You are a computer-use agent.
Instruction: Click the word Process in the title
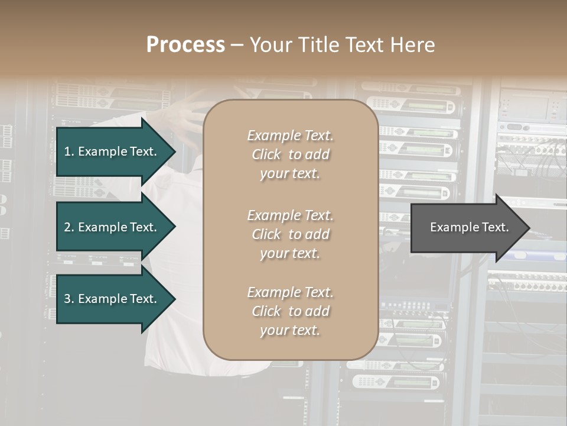point(185,45)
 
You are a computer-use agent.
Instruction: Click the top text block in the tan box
point(290,154)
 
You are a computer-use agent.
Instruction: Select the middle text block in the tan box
point(290,234)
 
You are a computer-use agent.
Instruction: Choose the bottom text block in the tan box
point(290,311)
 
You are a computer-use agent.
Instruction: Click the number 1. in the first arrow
point(69,151)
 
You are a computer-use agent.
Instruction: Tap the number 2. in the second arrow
point(69,227)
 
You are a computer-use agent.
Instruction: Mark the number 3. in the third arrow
point(69,299)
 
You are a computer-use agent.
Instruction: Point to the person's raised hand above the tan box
point(195,109)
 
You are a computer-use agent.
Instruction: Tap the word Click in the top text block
point(266,154)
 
